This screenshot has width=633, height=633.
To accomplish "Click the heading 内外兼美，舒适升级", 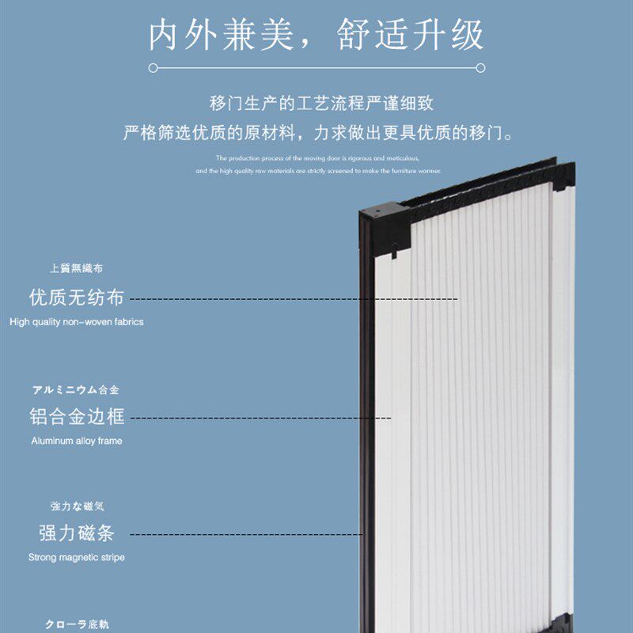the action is pyautogui.click(x=316, y=36).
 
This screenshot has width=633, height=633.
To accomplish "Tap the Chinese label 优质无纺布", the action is pyautogui.click(x=77, y=298).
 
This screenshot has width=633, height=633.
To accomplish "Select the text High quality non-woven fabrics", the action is pyautogui.click(x=77, y=322).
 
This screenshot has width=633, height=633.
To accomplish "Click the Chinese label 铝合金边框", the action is pyautogui.click(x=77, y=416).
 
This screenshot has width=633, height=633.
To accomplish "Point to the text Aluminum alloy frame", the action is pyautogui.click(x=77, y=441).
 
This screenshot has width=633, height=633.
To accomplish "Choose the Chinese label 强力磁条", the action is pyautogui.click(x=77, y=533).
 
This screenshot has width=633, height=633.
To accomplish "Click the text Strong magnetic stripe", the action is pyautogui.click(x=77, y=557).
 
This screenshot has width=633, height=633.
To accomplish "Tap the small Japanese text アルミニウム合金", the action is pyautogui.click(x=76, y=390).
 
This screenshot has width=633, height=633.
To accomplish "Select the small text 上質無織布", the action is pyautogui.click(x=77, y=269).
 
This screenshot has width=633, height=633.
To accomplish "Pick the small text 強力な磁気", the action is pyautogui.click(x=77, y=506).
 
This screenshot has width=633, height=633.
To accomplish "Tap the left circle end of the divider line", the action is pyautogui.click(x=152, y=68).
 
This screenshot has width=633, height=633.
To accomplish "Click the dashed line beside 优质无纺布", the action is pyautogui.click(x=293, y=299).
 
